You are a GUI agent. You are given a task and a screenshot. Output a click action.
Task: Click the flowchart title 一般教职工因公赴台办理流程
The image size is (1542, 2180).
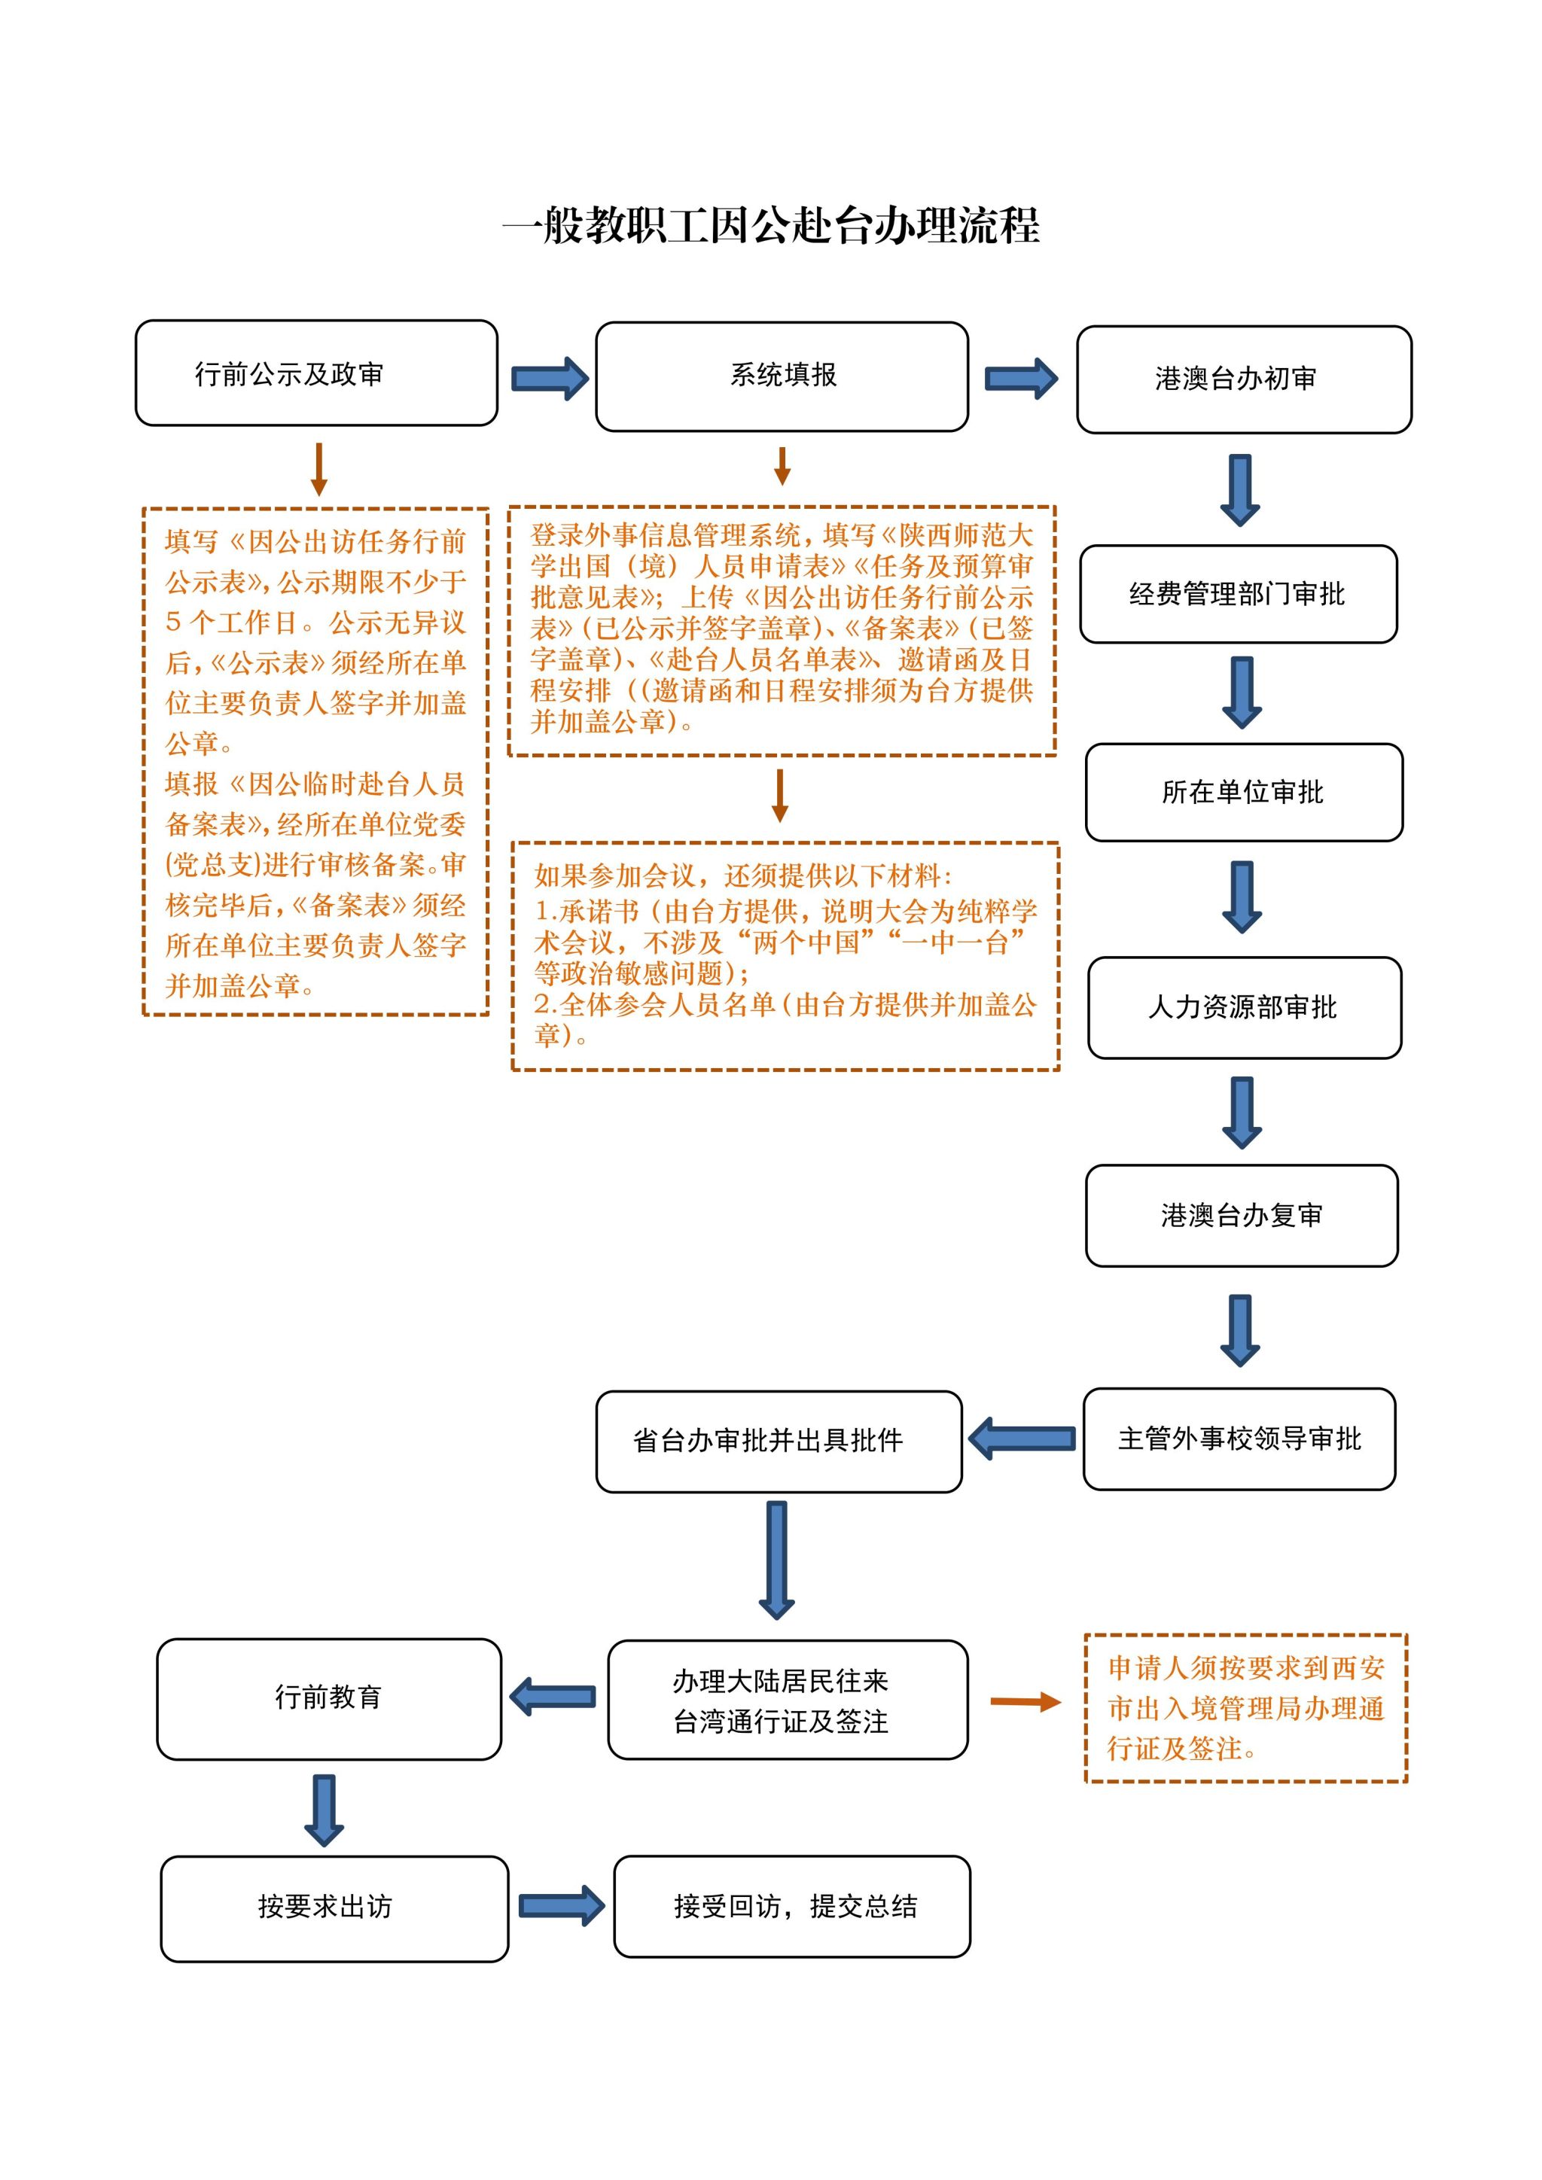coord(771,226)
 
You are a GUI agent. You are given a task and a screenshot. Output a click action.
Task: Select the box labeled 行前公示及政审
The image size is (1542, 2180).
coord(316,373)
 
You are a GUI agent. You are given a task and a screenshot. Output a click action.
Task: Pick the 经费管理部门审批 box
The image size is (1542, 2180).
coord(1237,595)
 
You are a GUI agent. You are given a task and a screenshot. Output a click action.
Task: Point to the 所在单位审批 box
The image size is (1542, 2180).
coord(1243,792)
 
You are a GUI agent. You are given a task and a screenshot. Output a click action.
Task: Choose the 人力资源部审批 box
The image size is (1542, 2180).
coord(1244,1007)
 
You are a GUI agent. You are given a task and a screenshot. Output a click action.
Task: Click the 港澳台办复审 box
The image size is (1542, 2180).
coord(1241,1215)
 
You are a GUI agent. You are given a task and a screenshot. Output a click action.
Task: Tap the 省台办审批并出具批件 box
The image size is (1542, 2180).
coord(779,1442)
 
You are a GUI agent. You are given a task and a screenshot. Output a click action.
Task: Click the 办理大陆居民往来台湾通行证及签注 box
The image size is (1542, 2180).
coord(787,1700)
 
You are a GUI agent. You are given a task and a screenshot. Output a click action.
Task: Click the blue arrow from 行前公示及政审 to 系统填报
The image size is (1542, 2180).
coord(549,379)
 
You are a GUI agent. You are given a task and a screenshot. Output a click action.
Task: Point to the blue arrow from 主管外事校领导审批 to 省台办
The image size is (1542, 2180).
coord(1022,1439)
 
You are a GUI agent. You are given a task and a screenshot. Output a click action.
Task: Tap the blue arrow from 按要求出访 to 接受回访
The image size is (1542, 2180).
coord(561,1905)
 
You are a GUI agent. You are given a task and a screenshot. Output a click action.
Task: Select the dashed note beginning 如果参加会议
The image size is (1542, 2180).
coord(785,956)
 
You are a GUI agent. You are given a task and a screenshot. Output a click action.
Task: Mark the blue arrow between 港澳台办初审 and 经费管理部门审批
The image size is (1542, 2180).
coord(1240,490)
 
